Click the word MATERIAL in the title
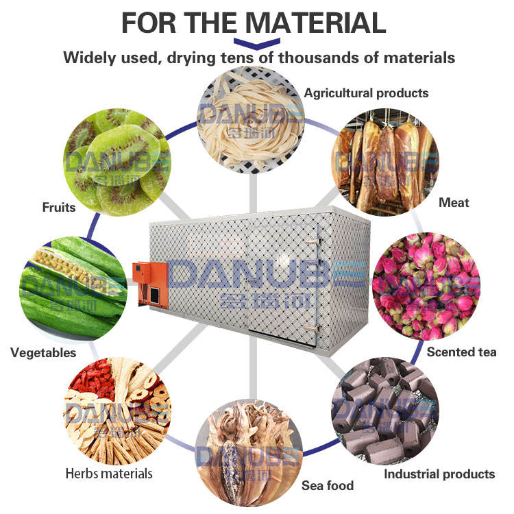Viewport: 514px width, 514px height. point(316,23)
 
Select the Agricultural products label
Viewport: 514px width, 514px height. point(366,93)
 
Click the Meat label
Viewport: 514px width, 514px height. point(454,202)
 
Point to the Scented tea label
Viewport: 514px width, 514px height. point(461,352)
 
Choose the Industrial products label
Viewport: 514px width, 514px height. point(439,474)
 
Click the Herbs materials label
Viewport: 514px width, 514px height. point(109,473)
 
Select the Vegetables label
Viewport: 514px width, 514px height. point(43,353)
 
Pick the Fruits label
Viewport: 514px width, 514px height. point(58,207)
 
